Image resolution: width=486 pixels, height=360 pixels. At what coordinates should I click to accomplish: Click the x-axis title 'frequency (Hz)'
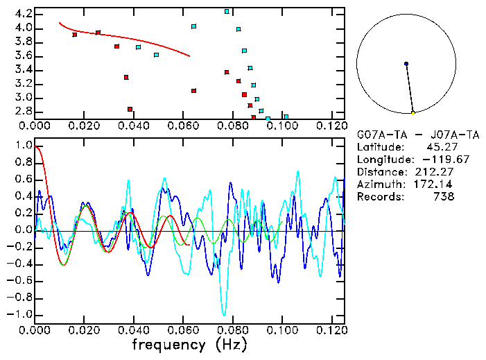tap(189, 345)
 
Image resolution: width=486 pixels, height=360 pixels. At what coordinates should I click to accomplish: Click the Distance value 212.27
tap(437, 172)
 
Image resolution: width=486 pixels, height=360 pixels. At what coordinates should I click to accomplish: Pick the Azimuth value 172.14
tap(437, 185)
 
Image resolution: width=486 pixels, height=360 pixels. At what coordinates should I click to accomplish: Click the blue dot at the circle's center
tap(406, 64)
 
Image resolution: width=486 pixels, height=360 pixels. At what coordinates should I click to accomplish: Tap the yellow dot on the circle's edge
tap(413, 112)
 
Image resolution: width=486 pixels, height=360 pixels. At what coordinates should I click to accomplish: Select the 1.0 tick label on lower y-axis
tap(23, 146)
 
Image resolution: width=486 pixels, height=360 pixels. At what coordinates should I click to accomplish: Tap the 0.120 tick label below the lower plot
tap(331, 329)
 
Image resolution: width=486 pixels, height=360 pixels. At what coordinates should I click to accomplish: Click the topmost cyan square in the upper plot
tap(227, 12)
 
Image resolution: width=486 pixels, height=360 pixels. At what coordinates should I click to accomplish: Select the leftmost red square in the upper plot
tap(75, 35)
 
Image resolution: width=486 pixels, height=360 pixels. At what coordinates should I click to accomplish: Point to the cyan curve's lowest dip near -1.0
tap(224, 315)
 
